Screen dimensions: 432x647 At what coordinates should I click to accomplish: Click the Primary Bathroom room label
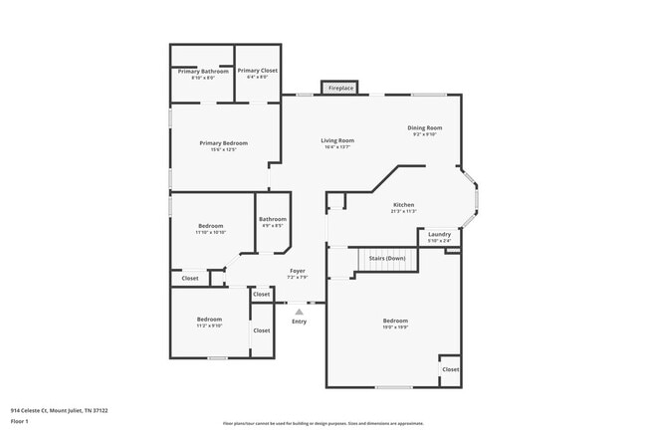203,73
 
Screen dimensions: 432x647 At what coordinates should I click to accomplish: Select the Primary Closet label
257,73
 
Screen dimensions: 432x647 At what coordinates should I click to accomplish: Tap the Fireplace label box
340,89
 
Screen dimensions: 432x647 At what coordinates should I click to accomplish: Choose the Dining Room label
425,129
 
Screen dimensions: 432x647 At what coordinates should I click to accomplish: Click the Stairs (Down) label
387,258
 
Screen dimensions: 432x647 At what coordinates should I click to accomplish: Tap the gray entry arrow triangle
299,312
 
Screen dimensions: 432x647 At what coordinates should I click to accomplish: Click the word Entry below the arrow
299,322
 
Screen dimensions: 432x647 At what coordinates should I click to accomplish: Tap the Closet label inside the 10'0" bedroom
450,369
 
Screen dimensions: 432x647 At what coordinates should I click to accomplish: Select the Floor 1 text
20,421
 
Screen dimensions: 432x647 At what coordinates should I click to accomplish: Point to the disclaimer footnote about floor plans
323,422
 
